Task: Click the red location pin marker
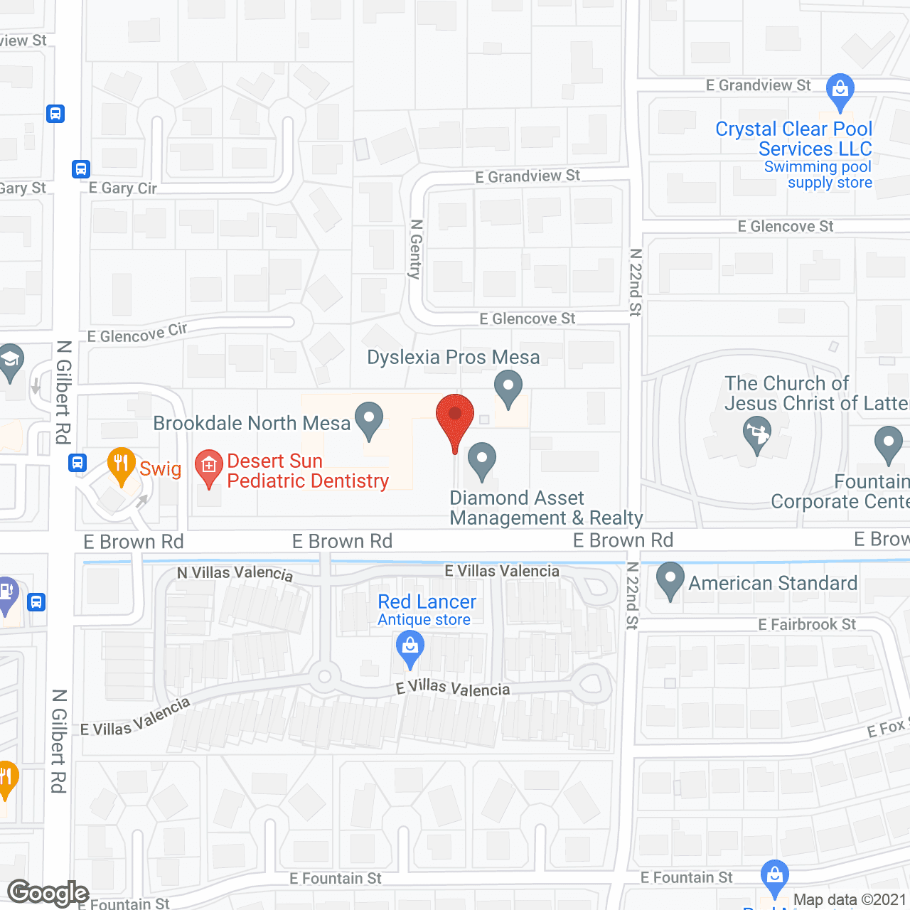(x=454, y=416)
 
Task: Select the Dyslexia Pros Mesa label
(x=453, y=357)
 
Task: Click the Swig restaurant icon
(x=122, y=465)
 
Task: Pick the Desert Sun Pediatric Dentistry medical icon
(x=208, y=468)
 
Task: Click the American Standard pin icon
(x=670, y=579)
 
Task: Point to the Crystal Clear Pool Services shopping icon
(x=840, y=91)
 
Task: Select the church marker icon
(x=756, y=433)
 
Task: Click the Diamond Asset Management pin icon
(x=482, y=460)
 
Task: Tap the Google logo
(x=48, y=893)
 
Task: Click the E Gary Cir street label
(x=122, y=188)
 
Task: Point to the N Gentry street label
(x=417, y=249)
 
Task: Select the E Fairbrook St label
(x=807, y=624)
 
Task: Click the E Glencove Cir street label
(x=137, y=333)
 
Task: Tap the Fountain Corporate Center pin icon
(x=888, y=443)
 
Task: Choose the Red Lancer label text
(x=427, y=602)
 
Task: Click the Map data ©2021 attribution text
(x=850, y=900)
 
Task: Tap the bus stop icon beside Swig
(x=77, y=463)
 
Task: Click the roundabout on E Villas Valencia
(x=325, y=676)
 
